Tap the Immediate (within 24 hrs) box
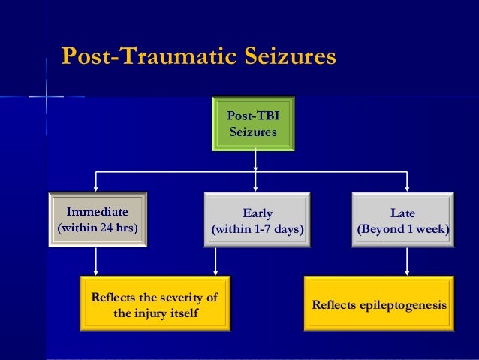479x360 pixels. coord(97,219)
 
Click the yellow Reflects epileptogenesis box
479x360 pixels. coord(378,304)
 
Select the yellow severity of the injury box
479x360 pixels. coord(155,304)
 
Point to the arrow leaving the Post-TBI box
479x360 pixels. coord(256,159)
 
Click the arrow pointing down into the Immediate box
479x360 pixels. coord(96,182)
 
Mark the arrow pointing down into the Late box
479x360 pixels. coord(407,182)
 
